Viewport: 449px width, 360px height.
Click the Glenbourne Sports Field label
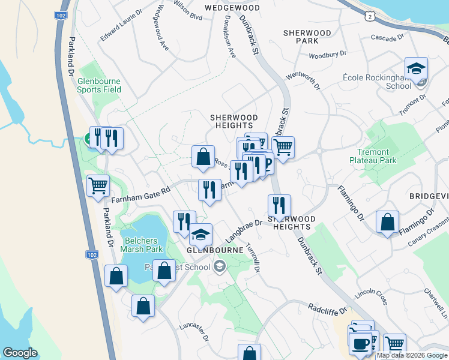(x=99, y=85)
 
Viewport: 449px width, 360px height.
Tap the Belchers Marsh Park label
(x=142, y=245)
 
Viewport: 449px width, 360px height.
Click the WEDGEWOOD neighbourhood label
(x=232, y=8)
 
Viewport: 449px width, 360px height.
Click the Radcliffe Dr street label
(x=328, y=310)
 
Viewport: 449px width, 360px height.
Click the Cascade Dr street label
(x=388, y=38)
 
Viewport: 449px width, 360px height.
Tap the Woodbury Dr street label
(x=328, y=55)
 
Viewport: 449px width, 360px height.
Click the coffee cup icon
(x=360, y=344)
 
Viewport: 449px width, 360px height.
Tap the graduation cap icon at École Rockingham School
(x=415, y=69)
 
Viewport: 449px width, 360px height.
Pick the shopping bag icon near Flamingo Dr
(x=388, y=222)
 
